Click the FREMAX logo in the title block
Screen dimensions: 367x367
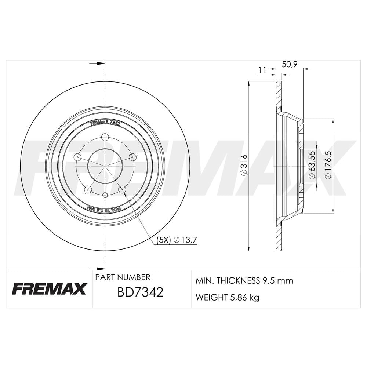49,289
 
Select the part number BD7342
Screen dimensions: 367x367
140,292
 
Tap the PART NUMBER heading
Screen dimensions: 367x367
123,277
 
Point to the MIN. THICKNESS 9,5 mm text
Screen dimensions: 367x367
244,281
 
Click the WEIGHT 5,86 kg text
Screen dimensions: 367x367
228,297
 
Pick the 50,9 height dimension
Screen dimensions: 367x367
290,64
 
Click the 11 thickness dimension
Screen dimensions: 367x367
262,70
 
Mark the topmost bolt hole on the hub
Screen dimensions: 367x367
105,137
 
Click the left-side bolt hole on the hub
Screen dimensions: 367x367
77,157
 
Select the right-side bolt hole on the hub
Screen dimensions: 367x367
132,157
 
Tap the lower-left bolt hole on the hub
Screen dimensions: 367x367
88,189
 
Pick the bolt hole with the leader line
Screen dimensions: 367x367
122,189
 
